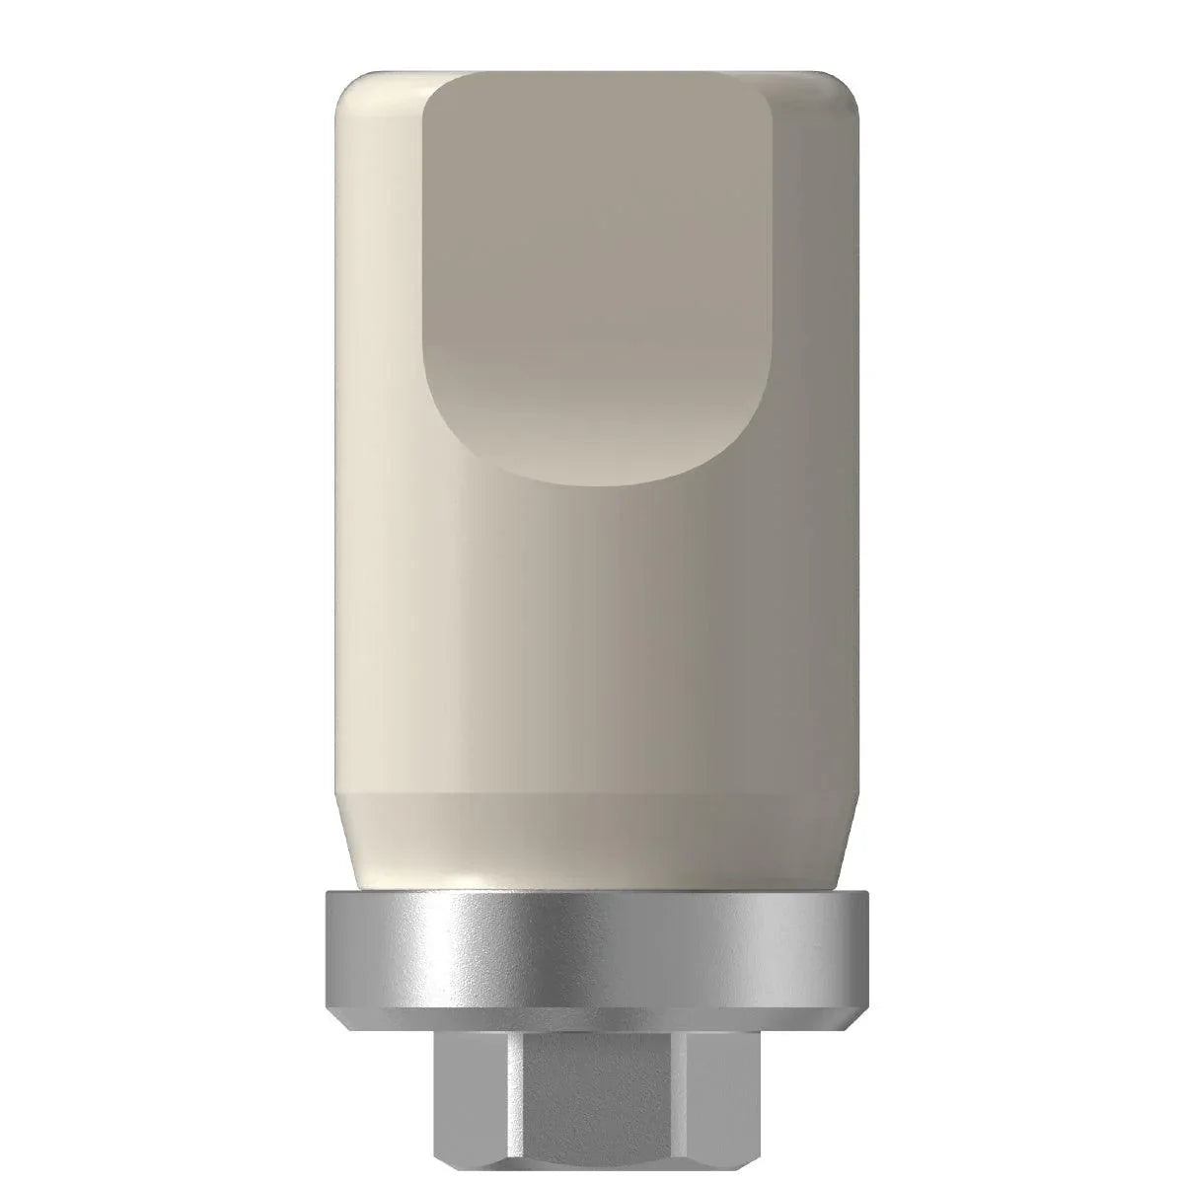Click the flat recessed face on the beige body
coord(592,276)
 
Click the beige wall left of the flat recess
coord(380,296)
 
